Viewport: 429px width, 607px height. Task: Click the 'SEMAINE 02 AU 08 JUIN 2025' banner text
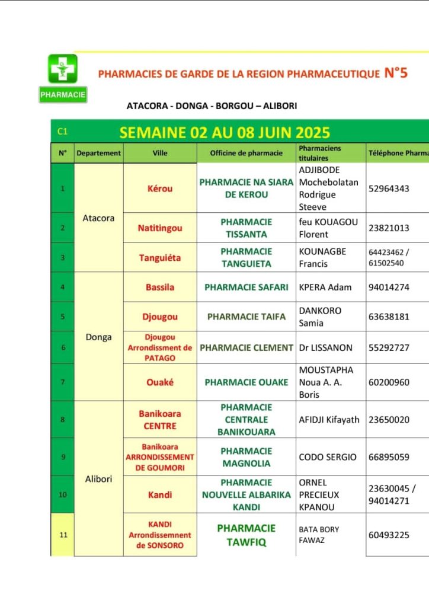point(225,132)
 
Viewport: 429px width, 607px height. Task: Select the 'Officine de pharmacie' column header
point(246,153)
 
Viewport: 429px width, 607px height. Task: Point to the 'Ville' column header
point(160,153)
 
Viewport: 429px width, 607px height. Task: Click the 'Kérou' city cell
point(160,189)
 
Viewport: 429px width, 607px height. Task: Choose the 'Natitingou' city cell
point(160,228)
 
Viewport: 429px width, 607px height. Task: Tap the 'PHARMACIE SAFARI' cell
point(246,287)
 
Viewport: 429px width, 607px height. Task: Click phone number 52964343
point(389,189)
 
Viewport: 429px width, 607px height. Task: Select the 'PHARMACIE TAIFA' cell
point(246,317)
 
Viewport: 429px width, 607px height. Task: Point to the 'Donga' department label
point(98,337)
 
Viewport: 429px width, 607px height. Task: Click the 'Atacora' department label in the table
point(98,218)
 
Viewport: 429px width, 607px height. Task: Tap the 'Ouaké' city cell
point(160,382)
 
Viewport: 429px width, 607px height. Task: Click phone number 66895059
point(389,457)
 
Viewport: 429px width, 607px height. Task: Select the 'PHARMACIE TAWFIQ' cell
point(246,534)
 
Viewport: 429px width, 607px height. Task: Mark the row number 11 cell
point(63,535)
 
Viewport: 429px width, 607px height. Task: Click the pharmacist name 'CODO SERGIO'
point(328,457)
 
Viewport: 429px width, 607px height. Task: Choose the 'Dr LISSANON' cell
point(326,348)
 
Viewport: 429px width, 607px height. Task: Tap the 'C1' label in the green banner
point(63,132)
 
